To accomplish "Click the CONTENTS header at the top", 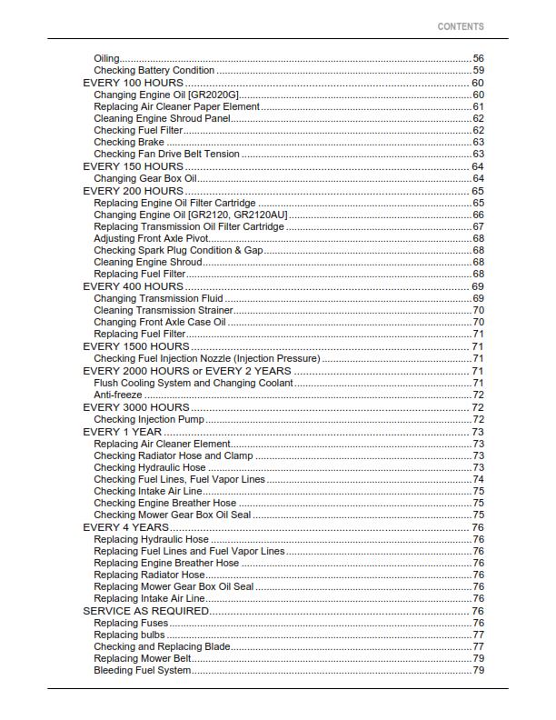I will pyautogui.click(x=461, y=26).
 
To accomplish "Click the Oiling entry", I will pyautogui.click(x=106, y=58).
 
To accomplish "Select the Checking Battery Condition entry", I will pyautogui.click(x=154, y=70).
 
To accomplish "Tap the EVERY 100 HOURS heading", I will pyautogui.click(x=133, y=83).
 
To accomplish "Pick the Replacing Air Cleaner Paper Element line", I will pyautogui.click(x=176, y=106).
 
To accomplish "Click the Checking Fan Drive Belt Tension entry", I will pyautogui.click(x=166, y=155).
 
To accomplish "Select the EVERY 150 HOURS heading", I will pyautogui.click(x=133, y=166).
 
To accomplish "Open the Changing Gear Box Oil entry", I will pyautogui.click(x=145, y=178).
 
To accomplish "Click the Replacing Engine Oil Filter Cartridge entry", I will pyautogui.click(x=174, y=203).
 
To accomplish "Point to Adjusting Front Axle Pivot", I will pyautogui.click(x=151, y=238).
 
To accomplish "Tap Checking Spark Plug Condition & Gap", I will pyautogui.click(x=178, y=250).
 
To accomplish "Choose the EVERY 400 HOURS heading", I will pyautogui.click(x=133, y=286).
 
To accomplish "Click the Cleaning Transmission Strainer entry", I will pyautogui.click(x=163, y=310).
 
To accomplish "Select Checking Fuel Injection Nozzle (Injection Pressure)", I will pyautogui.click(x=206, y=358).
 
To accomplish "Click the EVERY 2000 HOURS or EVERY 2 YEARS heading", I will pyautogui.click(x=187, y=370).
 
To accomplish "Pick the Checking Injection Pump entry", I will pyautogui.click(x=149, y=419).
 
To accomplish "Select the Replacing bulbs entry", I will pyautogui.click(x=128, y=635).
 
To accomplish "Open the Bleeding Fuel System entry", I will pyautogui.click(x=143, y=671).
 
